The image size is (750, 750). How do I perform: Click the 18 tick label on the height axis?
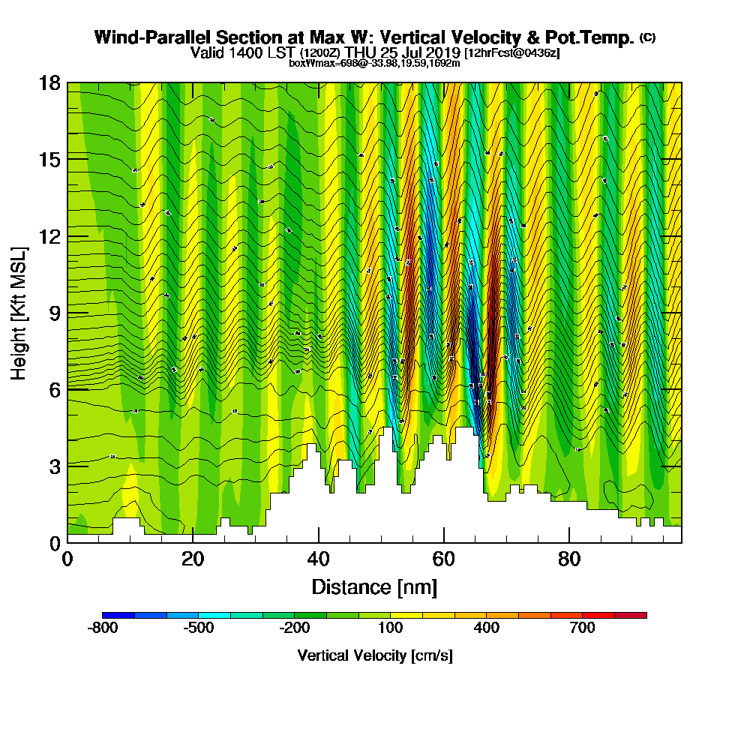[49, 82]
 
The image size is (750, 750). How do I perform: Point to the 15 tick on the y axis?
[49, 159]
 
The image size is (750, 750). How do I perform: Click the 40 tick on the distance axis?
[319, 559]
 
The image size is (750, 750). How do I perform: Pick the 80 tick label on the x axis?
[570, 559]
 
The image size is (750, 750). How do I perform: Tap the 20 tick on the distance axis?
[193, 559]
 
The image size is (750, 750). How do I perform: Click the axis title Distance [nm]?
[374, 586]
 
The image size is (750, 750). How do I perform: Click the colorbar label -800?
[103, 628]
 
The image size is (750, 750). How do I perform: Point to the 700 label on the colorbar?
[582, 628]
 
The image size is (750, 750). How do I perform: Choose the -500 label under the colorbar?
[199, 628]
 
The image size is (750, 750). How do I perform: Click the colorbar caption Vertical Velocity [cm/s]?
[374, 655]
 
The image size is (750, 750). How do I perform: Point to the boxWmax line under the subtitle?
[374, 63]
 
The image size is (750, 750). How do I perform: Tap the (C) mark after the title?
[648, 37]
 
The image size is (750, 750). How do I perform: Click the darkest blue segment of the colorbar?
[118, 615]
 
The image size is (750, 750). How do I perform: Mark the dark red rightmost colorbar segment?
[630, 615]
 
